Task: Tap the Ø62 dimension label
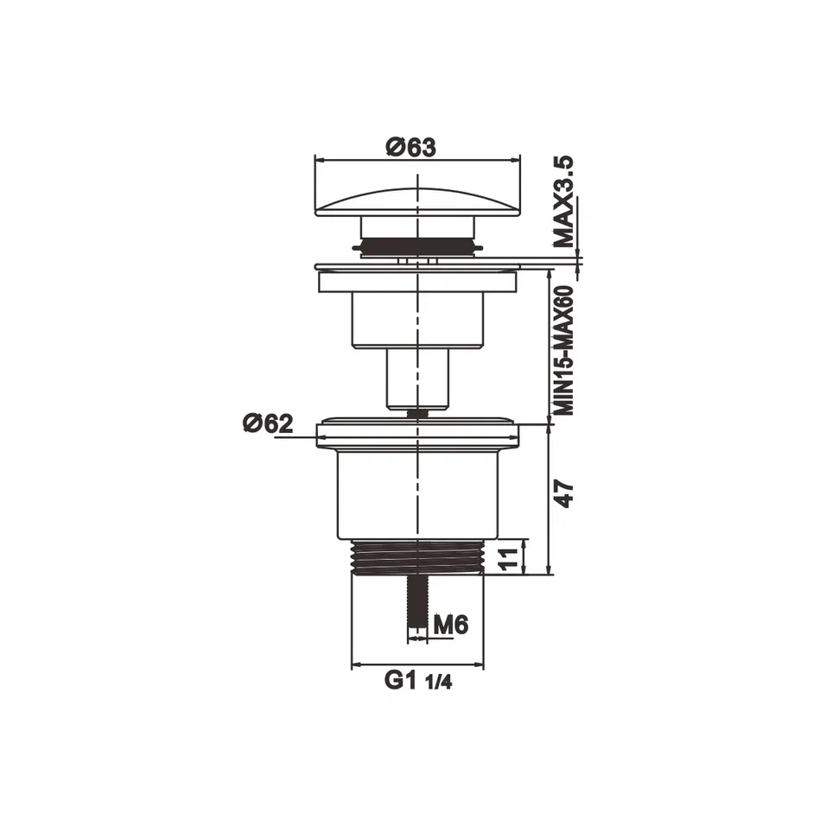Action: coord(268,423)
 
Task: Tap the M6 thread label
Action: coord(450,624)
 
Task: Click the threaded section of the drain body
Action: coord(417,556)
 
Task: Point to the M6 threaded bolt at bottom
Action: coord(417,605)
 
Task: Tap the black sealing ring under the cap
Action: coord(417,250)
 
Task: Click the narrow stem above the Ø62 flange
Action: coord(417,378)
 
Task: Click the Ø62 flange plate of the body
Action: coord(417,435)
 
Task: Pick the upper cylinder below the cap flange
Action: coord(417,320)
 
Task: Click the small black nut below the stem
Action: coord(417,413)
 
